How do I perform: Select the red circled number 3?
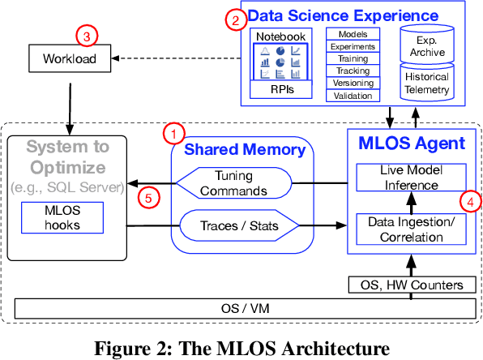click(87, 36)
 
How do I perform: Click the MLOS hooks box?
click(62, 219)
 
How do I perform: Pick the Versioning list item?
click(353, 84)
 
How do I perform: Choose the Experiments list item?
click(353, 47)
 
